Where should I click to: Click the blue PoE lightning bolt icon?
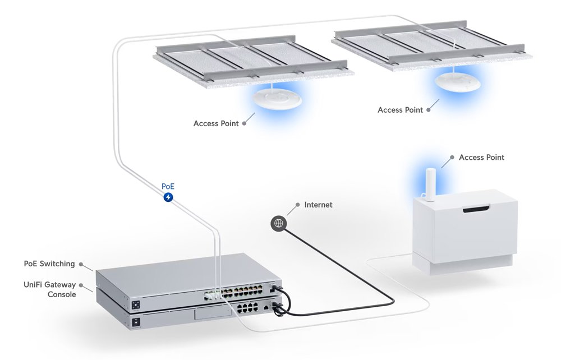168,197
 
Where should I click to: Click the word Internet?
318,205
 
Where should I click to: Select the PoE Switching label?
49,263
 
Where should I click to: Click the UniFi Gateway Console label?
50,289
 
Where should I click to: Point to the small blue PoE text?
168,186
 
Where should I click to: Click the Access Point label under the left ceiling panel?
216,123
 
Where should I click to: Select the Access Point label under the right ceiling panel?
400,110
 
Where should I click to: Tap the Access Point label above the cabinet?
481,158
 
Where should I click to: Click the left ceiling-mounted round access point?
276,99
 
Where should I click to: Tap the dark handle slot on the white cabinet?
477,210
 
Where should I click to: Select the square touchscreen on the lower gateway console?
136,322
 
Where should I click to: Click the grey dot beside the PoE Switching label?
82,264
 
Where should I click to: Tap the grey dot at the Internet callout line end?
297,205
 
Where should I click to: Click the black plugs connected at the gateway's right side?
277,306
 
